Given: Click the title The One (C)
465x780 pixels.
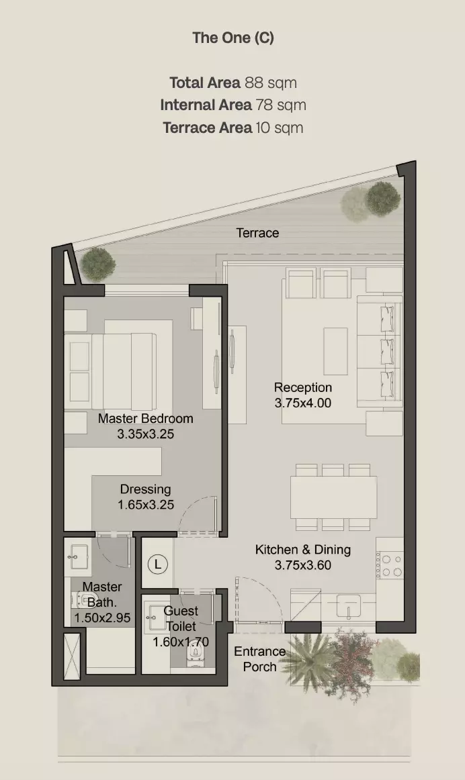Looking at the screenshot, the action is coord(233,38).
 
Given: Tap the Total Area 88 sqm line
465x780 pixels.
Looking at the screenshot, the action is coord(233,83).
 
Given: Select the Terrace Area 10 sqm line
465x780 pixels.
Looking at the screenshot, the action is coord(233,128).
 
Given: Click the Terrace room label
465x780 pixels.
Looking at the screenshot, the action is coord(257,233).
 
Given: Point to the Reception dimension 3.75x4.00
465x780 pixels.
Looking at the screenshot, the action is coord(302,403).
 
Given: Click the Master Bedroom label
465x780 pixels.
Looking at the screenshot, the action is coord(145,418).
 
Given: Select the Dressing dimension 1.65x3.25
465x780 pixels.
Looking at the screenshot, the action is coord(146,504).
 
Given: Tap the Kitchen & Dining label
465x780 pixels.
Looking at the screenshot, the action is coord(302,550).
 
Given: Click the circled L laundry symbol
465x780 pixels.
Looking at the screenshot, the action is coord(158,564).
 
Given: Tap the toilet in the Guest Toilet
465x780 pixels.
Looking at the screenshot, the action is coord(195,655).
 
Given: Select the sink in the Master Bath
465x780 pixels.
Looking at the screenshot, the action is coord(78,556).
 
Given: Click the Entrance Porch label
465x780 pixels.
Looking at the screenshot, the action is coord(260,659).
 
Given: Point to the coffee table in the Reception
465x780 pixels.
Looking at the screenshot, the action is coord(335,350).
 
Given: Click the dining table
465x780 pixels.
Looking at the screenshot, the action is coord(333,497).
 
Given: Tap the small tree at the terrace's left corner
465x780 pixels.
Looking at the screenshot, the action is coord(98,264).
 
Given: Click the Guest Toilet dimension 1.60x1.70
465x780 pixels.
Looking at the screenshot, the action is coord(181,642).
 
